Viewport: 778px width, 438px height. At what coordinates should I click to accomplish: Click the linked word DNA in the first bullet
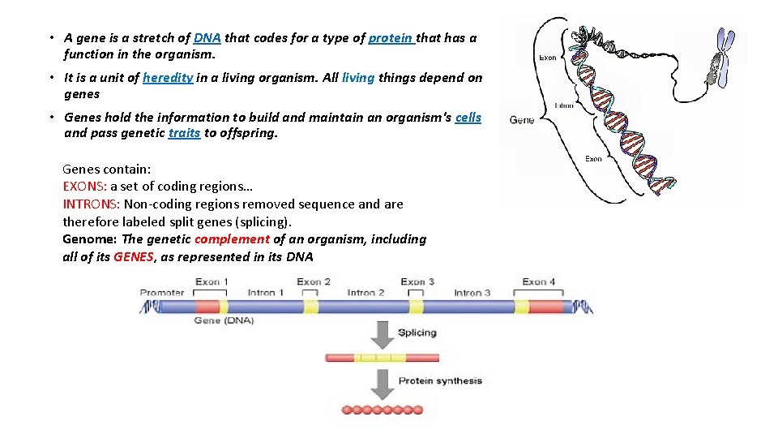pos(207,38)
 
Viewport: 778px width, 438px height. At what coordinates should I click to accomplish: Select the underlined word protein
pos(391,38)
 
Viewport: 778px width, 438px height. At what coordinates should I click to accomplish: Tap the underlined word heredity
pos(168,78)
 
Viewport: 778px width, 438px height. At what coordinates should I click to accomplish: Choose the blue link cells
pos(468,118)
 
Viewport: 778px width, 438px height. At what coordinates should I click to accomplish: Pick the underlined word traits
pos(184,133)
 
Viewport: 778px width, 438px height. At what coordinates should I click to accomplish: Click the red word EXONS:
pos(85,187)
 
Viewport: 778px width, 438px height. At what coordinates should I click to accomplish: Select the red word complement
pos(232,239)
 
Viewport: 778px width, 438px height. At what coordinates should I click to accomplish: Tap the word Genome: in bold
pos(90,239)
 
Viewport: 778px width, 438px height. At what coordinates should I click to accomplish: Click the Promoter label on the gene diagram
pos(162,292)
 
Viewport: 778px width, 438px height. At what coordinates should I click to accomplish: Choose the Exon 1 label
pos(212,282)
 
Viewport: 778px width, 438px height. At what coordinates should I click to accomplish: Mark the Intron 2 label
pos(365,292)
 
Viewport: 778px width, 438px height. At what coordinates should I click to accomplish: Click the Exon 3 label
pos(417,282)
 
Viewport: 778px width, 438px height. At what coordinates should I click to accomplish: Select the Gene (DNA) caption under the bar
pos(224,320)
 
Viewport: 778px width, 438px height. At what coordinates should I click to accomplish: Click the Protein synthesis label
pos(439,380)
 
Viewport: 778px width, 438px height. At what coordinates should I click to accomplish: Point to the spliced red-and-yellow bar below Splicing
pos(382,357)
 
